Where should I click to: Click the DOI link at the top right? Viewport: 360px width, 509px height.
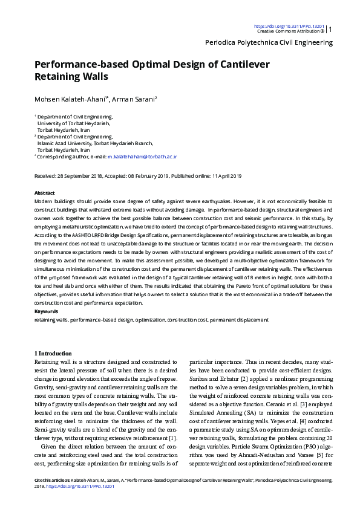tap(289, 26)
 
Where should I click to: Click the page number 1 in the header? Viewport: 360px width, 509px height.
tap(330, 28)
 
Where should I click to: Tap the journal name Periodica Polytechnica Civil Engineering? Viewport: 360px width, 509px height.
tap(269, 42)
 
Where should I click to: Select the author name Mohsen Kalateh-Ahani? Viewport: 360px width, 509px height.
tap(71, 99)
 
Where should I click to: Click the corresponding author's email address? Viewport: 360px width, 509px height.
tap(142, 156)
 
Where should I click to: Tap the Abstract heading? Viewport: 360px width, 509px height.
tap(45, 192)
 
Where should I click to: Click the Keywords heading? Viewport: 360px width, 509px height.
tap(47, 312)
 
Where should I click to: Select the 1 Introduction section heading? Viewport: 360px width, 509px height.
tap(54, 353)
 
